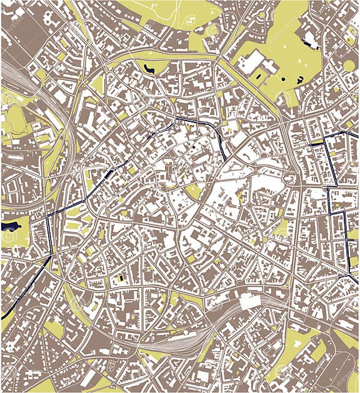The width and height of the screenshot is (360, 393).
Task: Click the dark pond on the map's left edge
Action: pyautogui.click(x=9, y=226)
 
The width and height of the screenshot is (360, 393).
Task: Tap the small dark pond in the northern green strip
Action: pyautogui.click(x=148, y=69)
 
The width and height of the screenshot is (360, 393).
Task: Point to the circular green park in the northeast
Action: pyautogui.click(x=349, y=66)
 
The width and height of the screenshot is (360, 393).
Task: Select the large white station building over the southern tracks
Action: pyautogui.click(x=249, y=302)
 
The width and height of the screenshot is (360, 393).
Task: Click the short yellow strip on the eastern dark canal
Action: pyautogui.click(x=317, y=144)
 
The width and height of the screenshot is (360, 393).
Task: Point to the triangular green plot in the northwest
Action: pyautogui.click(x=97, y=85)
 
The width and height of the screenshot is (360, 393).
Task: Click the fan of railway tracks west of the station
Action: pyautogui.click(x=169, y=341)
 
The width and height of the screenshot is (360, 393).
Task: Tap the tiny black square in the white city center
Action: pyautogui.click(x=194, y=147)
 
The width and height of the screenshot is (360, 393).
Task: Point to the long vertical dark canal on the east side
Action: pyautogui.click(x=346, y=244)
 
